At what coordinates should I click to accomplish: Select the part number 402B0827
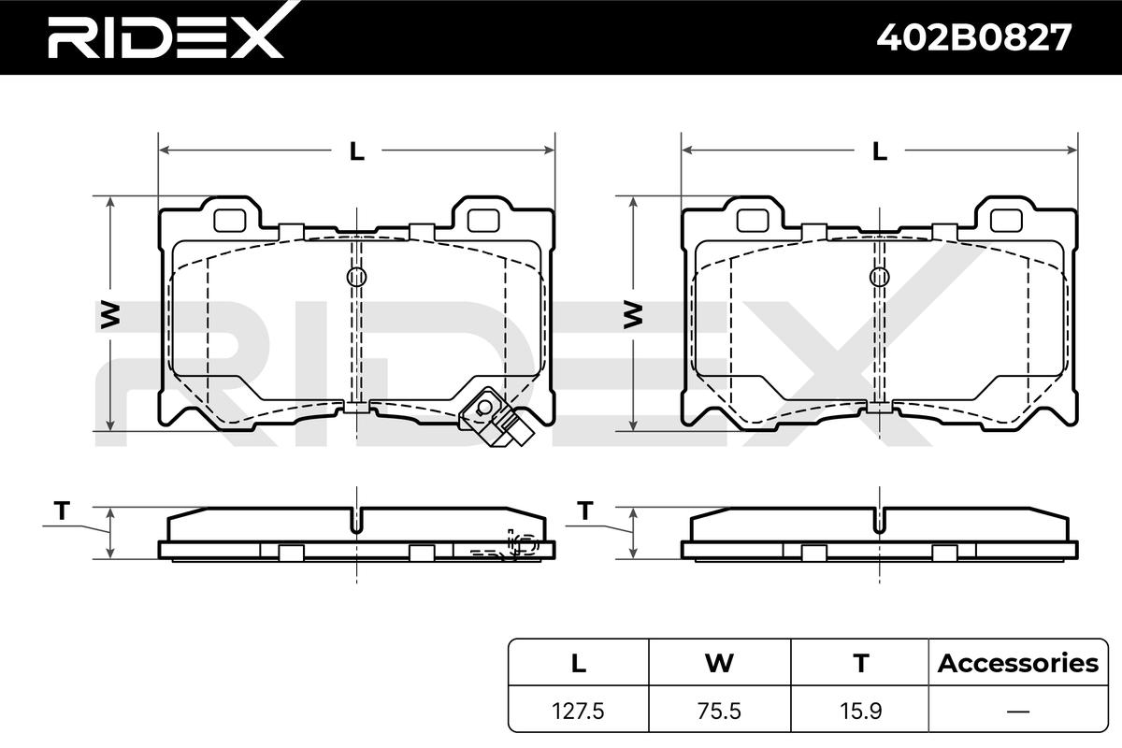point(973,37)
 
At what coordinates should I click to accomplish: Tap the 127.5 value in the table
point(578,711)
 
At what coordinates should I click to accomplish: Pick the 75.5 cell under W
point(719,711)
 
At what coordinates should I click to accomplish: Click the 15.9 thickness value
point(860,711)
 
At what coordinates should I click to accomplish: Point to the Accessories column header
point(1018,663)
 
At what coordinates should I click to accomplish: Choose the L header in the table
point(579,663)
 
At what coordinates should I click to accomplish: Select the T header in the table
point(861,663)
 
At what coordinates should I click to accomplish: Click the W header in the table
point(719,663)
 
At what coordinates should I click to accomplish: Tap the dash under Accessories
point(1018,712)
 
